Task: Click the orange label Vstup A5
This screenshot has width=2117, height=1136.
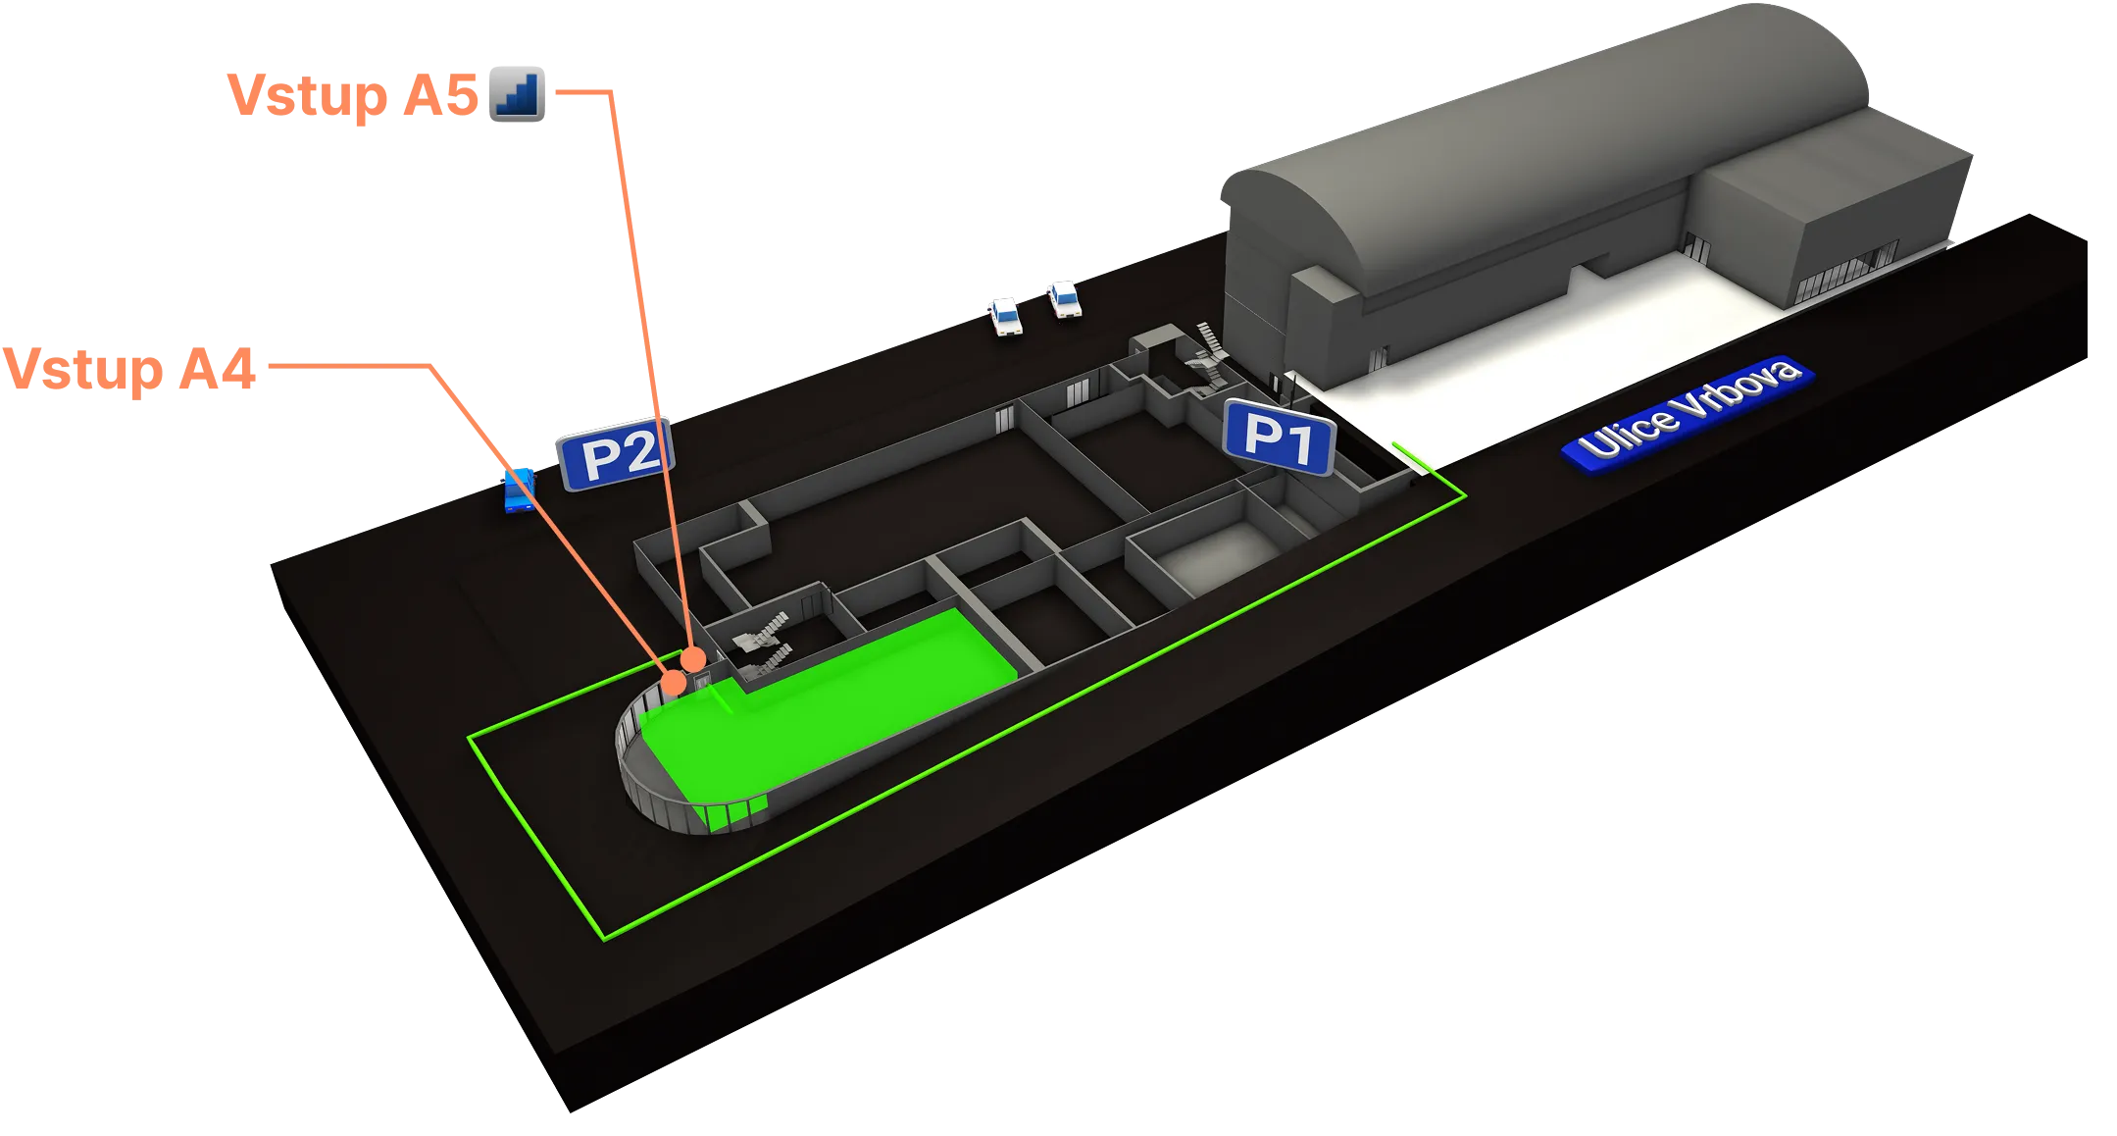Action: point(353,96)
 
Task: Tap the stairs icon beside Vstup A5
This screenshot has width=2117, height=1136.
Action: point(518,93)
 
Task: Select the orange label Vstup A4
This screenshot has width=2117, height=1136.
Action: point(131,371)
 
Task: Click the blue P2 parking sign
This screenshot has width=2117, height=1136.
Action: point(616,454)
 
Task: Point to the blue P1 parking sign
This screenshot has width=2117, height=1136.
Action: point(1279,439)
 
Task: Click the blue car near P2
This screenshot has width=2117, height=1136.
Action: point(519,490)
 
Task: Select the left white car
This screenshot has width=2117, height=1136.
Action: point(1004,316)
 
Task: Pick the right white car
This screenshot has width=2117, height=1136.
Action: point(1063,298)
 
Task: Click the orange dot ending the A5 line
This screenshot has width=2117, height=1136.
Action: point(693,657)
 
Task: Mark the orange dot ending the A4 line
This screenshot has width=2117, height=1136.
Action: point(675,681)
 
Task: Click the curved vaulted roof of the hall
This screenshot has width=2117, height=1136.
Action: point(1530,128)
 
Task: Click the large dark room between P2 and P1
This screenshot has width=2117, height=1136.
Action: point(912,510)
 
